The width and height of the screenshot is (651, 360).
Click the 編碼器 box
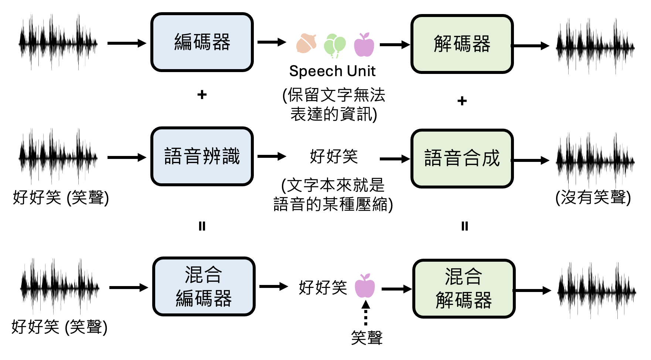click(x=202, y=42)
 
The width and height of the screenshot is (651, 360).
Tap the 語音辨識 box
click(x=202, y=156)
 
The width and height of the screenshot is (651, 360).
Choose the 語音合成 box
click(x=462, y=159)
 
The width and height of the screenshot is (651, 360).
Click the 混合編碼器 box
click(x=204, y=286)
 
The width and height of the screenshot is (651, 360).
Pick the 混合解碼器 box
click(x=464, y=289)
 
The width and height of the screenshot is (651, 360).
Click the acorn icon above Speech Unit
click(x=306, y=44)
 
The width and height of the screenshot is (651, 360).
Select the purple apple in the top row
click(x=364, y=45)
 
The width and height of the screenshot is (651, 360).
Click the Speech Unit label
click(x=332, y=71)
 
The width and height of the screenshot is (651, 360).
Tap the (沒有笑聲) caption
click(x=593, y=197)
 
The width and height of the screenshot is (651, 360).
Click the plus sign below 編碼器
click(x=202, y=95)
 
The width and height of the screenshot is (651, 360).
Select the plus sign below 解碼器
click(x=462, y=101)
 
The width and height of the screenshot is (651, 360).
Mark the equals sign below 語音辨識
click(x=202, y=226)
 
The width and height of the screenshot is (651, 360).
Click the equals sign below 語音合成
click(x=464, y=226)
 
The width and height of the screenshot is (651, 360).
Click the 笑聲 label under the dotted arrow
click(x=367, y=337)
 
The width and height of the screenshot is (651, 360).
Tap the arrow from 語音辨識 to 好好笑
click(x=272, y=156)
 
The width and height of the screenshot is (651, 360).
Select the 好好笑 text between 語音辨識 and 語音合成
click(x=334, y=156)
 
